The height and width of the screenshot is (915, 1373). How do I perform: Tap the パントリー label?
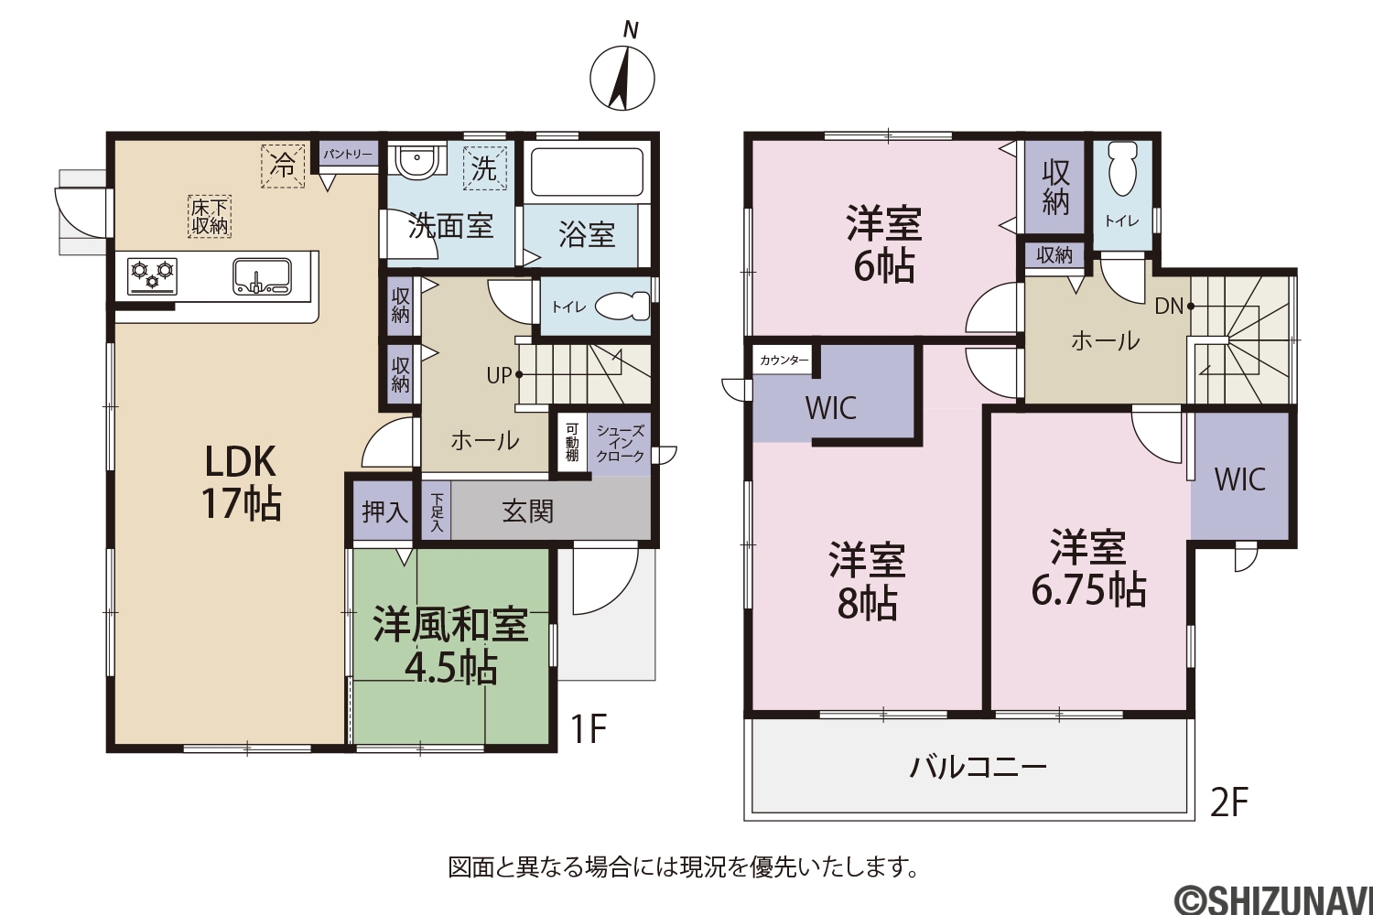click(x=348, y=154)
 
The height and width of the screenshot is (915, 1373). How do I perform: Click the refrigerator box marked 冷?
click(x=283, y=166)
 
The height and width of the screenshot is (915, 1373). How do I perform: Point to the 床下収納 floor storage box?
click(x=209, y=216)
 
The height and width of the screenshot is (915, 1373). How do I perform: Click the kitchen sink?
click(x=262, y=276)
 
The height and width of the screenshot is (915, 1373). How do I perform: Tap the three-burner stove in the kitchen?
click(x=152, y=276)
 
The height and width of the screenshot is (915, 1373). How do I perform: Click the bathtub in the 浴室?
click(x=587, y=172)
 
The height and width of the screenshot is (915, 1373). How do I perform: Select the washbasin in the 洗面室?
click(x=416, y=161)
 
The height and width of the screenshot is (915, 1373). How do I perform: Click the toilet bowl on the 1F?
click(x=622, y=306)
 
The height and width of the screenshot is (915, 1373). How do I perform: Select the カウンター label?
click(x=784, y=361)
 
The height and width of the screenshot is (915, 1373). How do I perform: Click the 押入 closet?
click(x=384, y=511)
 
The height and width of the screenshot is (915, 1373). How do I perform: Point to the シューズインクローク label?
click(x=620, y=444)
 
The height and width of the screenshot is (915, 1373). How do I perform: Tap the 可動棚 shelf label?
click(x=572, y=442)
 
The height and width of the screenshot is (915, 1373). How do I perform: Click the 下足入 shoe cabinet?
click(x=437, y=511)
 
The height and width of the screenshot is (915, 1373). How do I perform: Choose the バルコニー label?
click(x=978, y=768)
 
